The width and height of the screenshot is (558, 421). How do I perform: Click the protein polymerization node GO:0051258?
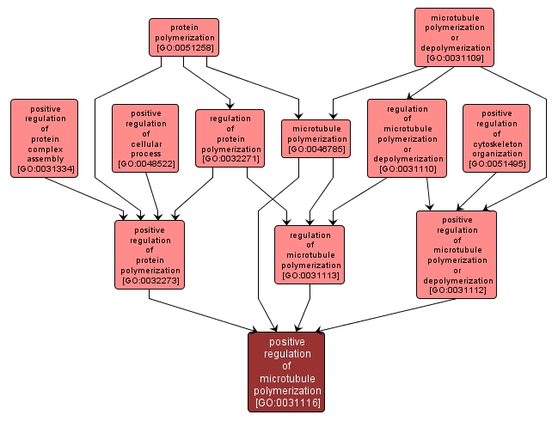click(x=183, y=37)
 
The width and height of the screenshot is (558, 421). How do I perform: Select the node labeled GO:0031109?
click(x=454, y=37)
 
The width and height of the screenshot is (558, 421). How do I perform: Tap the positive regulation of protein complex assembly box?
click(x=44, y=137)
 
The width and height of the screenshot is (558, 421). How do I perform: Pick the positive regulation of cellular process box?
click(x=145, y=137)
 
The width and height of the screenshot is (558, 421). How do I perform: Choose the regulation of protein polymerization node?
click(x=230, y=137)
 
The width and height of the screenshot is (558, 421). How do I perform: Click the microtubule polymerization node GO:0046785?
click(x=316, y=137)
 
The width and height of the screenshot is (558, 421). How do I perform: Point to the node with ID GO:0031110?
click(x=407, y=137)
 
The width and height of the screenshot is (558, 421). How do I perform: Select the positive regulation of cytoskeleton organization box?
click(x=496, y=137)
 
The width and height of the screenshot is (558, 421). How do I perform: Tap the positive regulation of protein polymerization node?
click(x=150, y=254)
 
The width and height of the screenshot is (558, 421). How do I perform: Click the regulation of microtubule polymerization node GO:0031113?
click(x=310, y=254)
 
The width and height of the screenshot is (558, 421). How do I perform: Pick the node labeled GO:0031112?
click(x=457, y=254)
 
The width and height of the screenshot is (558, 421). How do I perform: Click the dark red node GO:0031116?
click(x=286, y=371)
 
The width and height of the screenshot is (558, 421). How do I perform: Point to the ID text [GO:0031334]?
click(x=44, y=169)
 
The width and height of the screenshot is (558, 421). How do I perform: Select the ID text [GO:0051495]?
click(x=496, y=163)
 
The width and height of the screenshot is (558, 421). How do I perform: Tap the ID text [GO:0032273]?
click(x=150, y=280)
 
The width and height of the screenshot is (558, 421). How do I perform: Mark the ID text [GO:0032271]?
click(x=230, y=159)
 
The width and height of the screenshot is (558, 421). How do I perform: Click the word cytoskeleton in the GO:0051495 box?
click(x=496, y=143)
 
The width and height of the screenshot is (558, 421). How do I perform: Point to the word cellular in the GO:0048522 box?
click(x=145, y=143)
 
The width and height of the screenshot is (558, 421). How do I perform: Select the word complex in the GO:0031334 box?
click(x=44, y=149)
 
